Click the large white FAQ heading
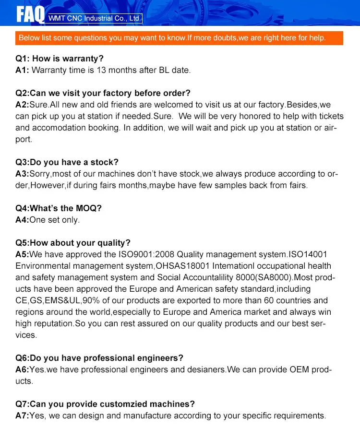pyautogui.click(x=30, y=14)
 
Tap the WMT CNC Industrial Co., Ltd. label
pyautogui.click(x=95, y=18)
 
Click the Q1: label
pyautogui.click(x=23, y=59)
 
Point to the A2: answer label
pyautogui.click(x=23, y=105)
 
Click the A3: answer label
pyautogui.click(x=23, y=174)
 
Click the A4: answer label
pyautogui.click(x=23, y=220)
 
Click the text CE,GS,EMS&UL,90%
pyautogui.click(x=54, y=300)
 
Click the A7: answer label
pyautogui.click(x=23, y=416)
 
